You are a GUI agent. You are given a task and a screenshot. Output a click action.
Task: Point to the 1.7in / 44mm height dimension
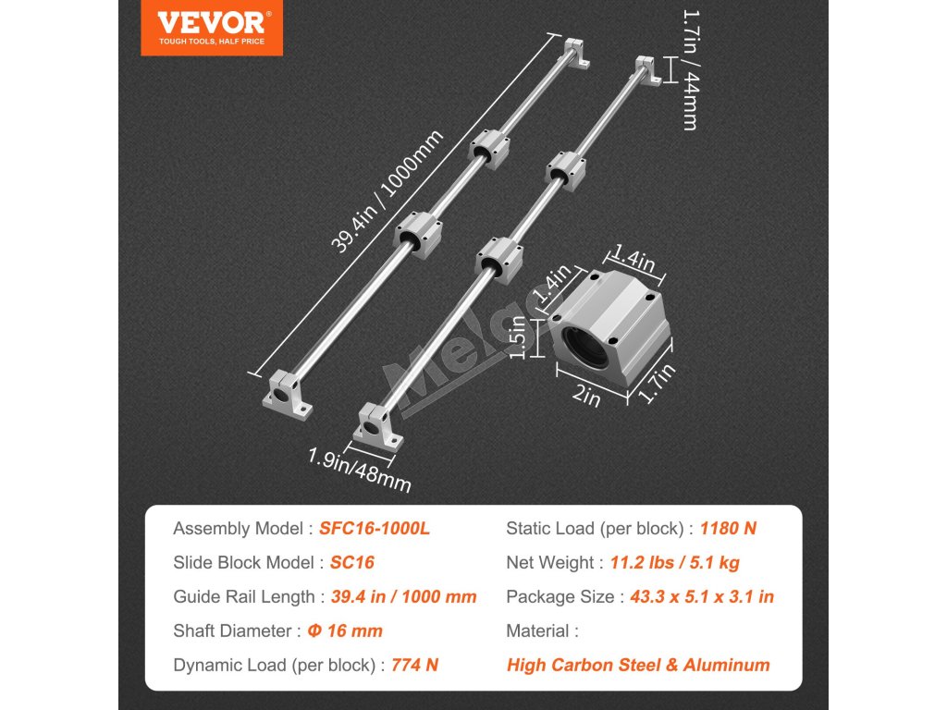[689, 69]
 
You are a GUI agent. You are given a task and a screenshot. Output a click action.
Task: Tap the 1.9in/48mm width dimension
[360, 468]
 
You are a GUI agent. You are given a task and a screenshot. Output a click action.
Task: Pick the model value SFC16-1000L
[375, 529]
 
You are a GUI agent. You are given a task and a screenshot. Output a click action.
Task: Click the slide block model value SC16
[351, 562]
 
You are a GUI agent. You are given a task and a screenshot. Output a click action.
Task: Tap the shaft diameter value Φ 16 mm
[345, 630]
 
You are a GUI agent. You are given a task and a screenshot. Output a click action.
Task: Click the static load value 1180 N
[728, 529]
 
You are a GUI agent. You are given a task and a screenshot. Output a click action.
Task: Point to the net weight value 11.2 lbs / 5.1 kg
[674, 562]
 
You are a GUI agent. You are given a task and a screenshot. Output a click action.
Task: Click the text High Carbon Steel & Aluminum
[638, 665]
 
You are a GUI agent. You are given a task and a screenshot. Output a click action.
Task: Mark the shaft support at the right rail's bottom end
[378, 427]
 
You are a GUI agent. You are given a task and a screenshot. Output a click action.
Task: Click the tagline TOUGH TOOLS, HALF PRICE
[212, 42]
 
